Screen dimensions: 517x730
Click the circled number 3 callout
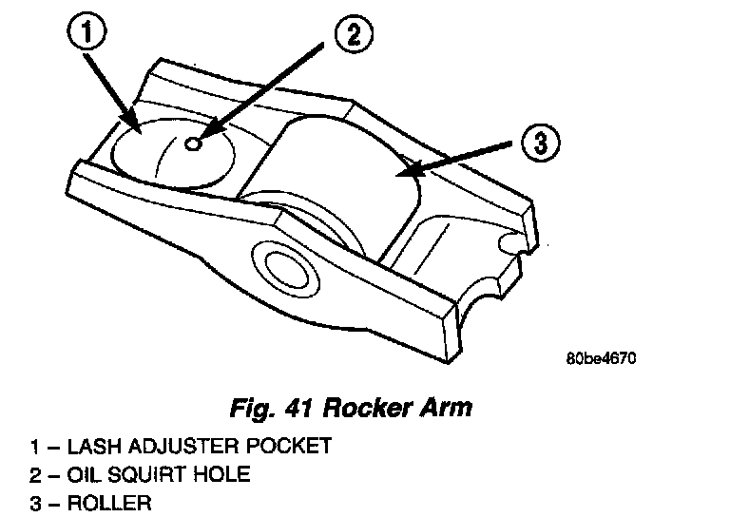pyautogui.click(x=540, y=144)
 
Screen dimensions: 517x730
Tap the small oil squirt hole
pyautogui.click(x=193, y=144)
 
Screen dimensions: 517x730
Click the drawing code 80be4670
pyautogui.click(x=599, y=359)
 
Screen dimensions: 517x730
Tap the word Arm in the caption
pyautogui.click(x=447, y=410)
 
